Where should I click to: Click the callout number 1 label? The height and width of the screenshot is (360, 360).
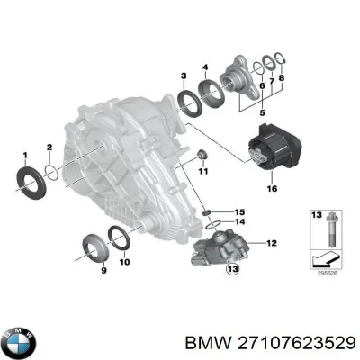point(25,156)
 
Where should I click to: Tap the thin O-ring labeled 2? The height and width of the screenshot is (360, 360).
point(52,173)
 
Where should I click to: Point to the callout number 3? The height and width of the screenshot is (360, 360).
point(184,76)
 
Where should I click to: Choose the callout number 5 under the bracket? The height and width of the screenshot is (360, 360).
point(262,112)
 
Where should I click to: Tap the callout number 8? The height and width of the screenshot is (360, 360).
point(282,77)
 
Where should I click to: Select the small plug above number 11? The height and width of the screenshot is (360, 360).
point(202,156)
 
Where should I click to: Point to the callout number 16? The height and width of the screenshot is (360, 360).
point(273,188)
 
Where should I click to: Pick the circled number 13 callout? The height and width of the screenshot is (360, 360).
point(233,269)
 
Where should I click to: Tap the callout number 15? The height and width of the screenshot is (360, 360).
point(239,212)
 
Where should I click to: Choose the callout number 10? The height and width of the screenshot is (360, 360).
point(125,261)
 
